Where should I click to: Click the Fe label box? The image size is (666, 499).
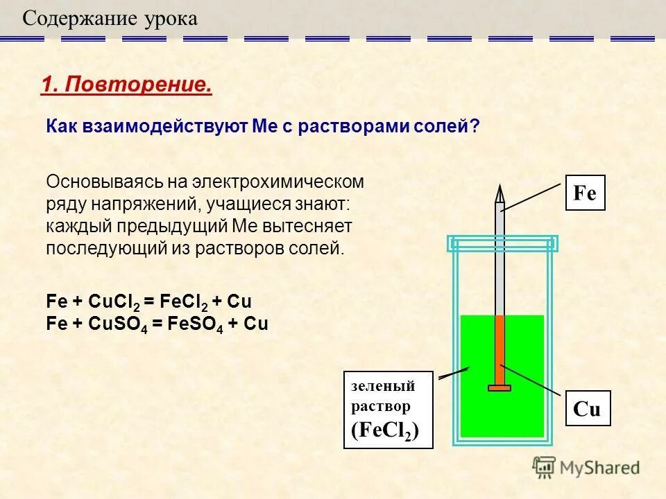coord(586,193)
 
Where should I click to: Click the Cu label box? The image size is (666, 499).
coord(587,409)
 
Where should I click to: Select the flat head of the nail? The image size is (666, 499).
coord(499,388)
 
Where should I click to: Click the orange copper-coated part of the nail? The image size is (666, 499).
coord(499,350)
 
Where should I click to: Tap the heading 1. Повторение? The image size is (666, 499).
coord(126,85)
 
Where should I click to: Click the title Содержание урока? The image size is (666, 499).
coord(110,19)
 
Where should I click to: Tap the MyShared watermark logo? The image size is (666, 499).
coord(587,468)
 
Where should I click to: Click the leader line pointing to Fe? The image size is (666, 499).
coord(531,196)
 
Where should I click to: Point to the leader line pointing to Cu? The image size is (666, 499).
coord(534,381)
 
